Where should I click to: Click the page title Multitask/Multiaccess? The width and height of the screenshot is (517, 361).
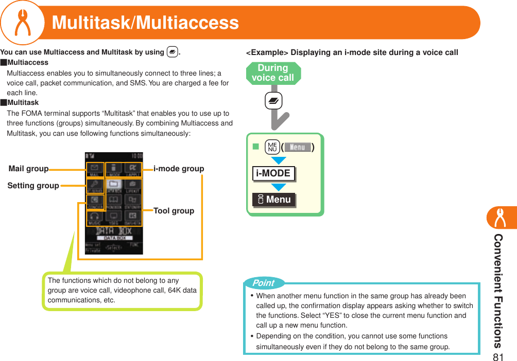[x=145, y=23]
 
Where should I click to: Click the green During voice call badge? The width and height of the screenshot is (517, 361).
[x=273, y=73]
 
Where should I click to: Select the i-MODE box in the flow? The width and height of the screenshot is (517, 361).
[x=273, y=173]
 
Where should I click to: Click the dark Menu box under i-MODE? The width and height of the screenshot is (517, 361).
[x=274, y=200]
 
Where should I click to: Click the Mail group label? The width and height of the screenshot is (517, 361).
[x=29, y=169]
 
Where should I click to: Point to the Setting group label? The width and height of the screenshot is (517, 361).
[x=33, y=186]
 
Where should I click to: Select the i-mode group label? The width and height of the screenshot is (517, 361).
[x=179, y=169]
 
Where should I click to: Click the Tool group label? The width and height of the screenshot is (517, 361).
[x=174, y=210]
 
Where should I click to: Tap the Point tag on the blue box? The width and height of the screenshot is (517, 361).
[x=264, y=283]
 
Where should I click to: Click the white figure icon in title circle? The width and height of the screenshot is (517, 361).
[x=22, y=23]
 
